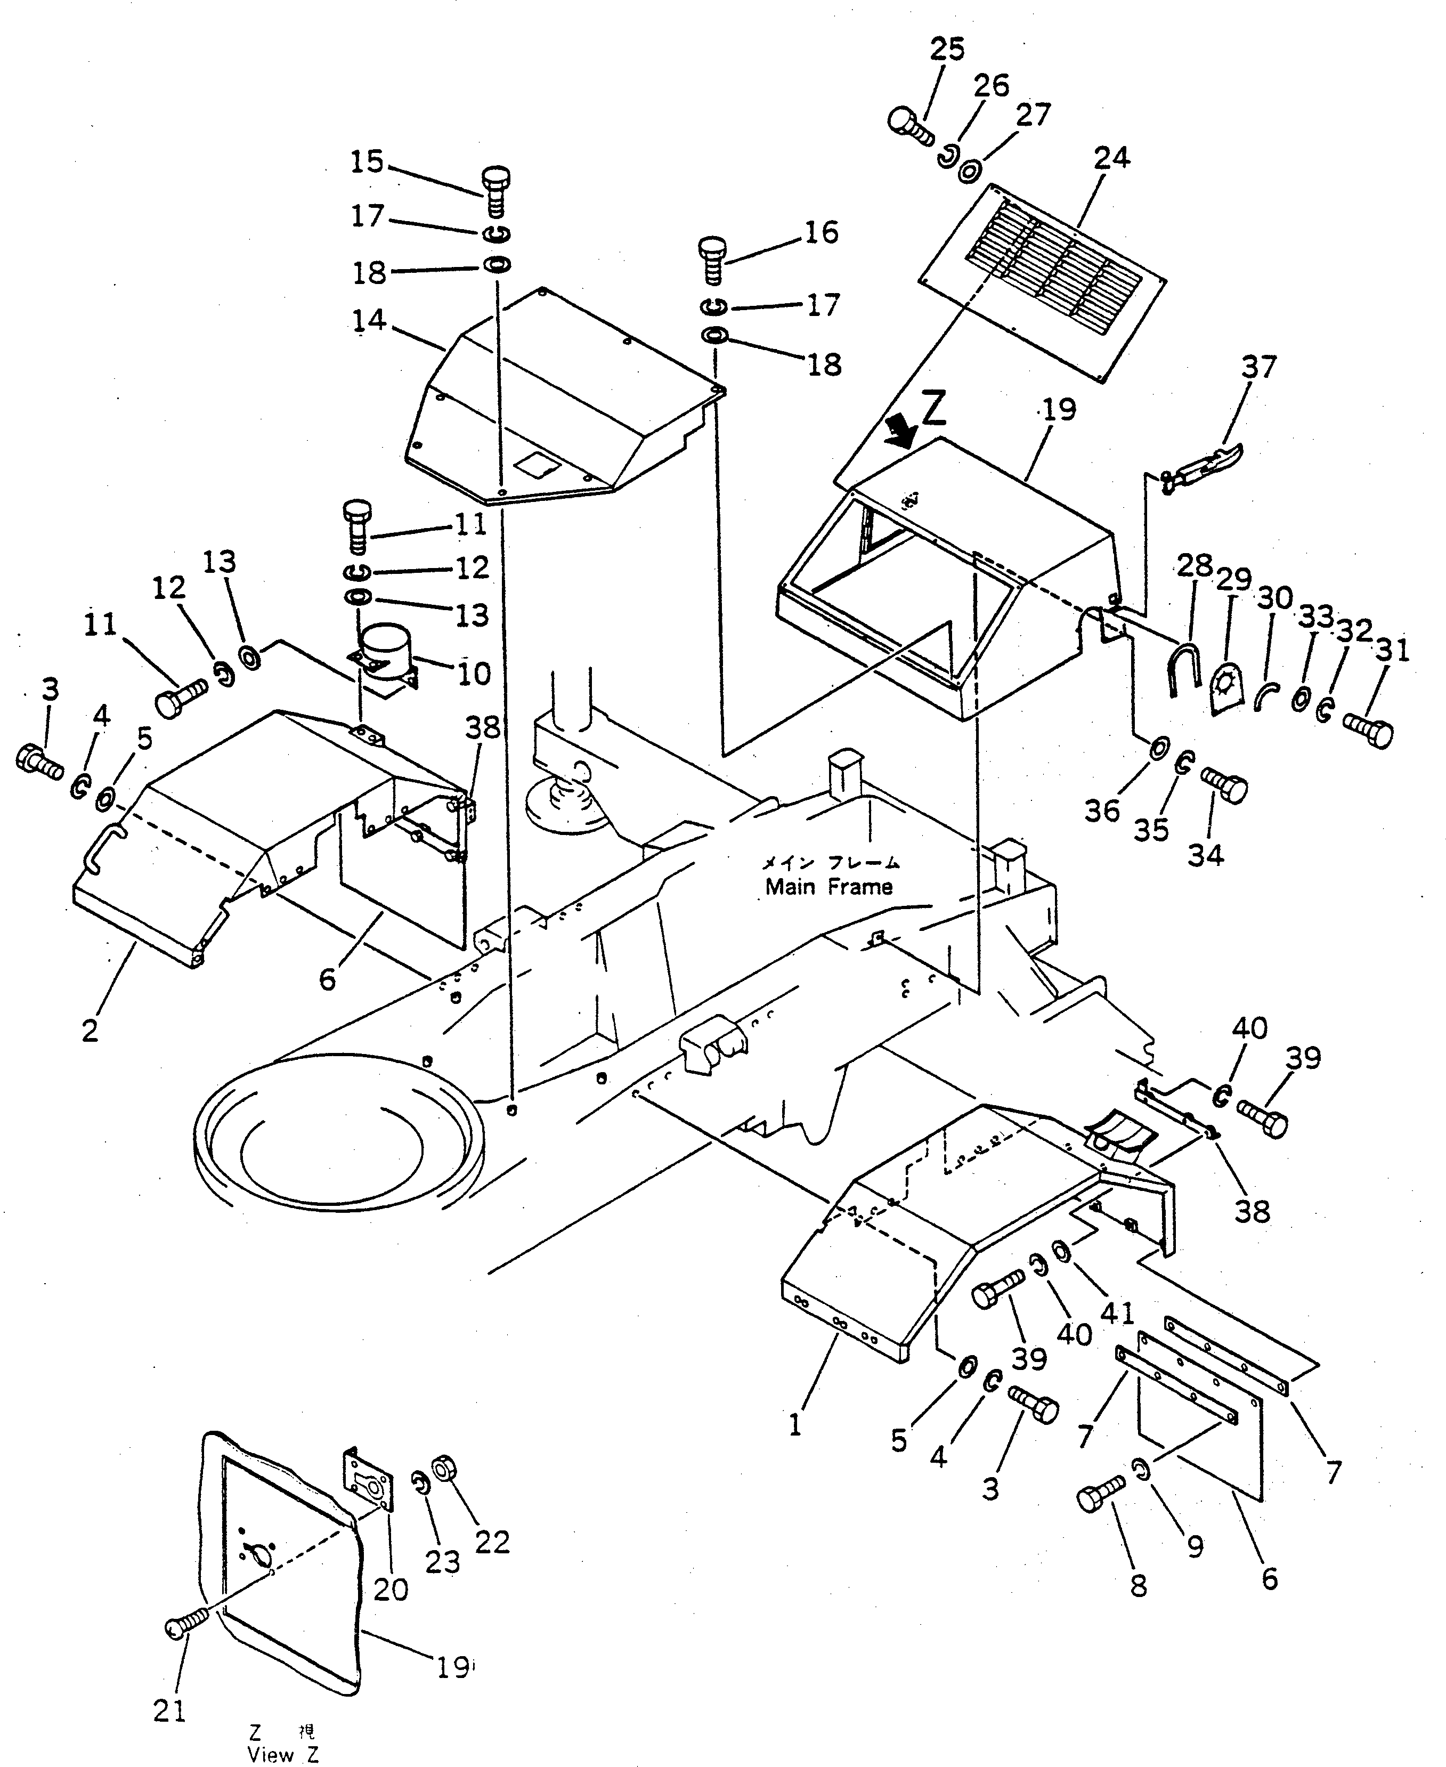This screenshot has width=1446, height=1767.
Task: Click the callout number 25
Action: pos(947,50)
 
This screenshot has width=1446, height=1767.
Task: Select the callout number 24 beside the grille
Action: pos(1112,157)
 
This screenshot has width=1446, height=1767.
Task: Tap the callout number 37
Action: pos(1258,367)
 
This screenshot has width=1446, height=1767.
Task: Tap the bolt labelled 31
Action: pos(1368,731)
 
